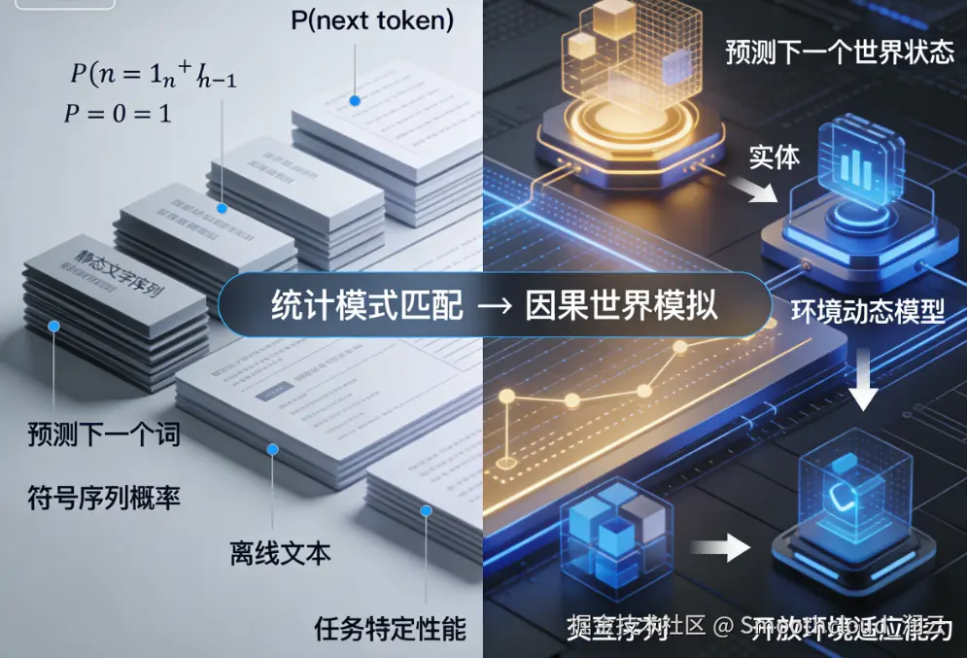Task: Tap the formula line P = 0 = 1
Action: [x=118, y=114]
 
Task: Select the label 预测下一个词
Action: [x=105, y=434]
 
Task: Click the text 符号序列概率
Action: [x=105, y=499]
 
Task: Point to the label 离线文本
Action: [x=281, y=553]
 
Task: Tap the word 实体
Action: [x=774, y=157]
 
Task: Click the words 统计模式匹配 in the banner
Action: [x=353, y=304]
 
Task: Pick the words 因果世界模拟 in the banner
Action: [x=622, y=304]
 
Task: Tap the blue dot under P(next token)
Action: [x=356, y=100]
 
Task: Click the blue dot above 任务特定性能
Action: [x=425, y=509]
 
